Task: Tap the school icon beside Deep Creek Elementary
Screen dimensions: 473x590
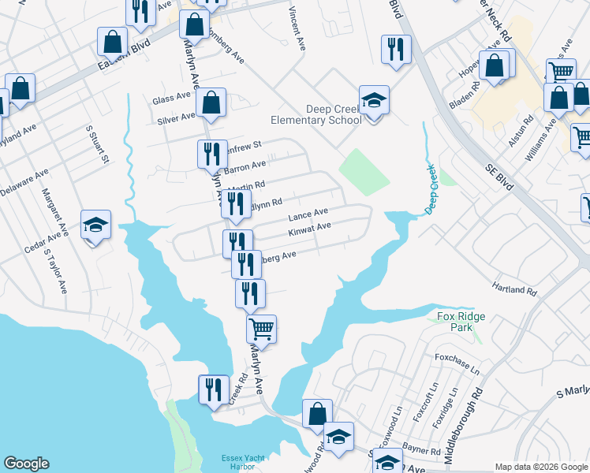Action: pyautogui.click(x=374, y=102)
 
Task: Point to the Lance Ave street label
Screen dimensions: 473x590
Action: pyautogui.click(x=308, y=214)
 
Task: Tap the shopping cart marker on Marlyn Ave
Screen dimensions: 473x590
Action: pyautogui.click(x=261, y=327)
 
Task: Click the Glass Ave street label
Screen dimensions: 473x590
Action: pyautogui.click(x=172, y=99)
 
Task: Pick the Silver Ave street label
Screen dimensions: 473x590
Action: pyautogui.click(x=176, y=117)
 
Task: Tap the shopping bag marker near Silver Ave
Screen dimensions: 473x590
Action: pyautogui.click(x=211, y=102)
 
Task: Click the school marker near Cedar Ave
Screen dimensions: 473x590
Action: pyautogui.click(x=96, y=225)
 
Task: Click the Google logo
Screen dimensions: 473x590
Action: pyautogui.click(x=26, y=464)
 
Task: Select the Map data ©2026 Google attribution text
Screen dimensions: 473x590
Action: pyautogui.click(x=540, y=467)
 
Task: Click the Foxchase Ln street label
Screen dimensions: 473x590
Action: pyautogui.click(x=457, y=363)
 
